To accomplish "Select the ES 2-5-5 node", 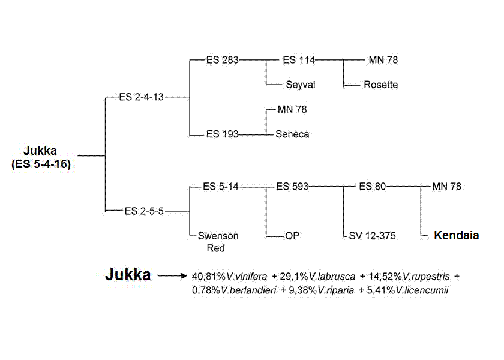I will [x=144, y=211].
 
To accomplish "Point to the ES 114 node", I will [x=298, y=60].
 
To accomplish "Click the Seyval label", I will [x=300, y=85].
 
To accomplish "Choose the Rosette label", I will [x=380, y=85].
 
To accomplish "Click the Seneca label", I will [x=292, y=134].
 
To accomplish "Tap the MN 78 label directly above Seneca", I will [x=292, y=110].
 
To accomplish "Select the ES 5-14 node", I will [x=220, y=187].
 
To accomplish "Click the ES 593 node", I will [x=292, y=187].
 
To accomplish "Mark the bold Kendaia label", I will [x=456, y=236].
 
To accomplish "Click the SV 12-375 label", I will [x=372, y=236].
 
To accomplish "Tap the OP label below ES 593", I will [x=292, y=236].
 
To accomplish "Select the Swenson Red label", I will [x=218, y=242].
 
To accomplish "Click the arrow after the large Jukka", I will [x=172, y=276].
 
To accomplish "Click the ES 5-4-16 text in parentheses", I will [x=41, y=163].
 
